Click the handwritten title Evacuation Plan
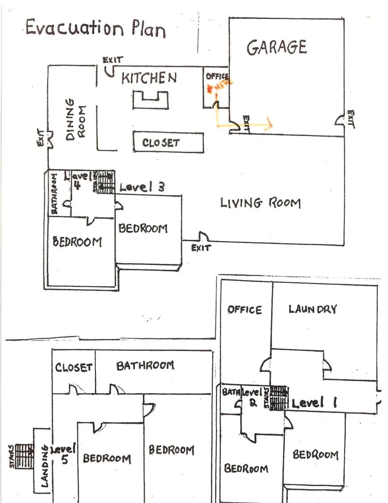95,28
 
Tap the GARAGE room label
277,47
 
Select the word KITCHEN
149,78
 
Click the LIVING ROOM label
260,202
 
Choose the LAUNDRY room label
313,309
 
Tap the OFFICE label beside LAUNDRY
244,310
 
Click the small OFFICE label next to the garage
217,76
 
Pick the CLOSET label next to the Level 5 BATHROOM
73,367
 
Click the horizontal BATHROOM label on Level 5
145,365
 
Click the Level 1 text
314,403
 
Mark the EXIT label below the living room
200,248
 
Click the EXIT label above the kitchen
112,60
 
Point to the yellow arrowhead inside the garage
268,123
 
